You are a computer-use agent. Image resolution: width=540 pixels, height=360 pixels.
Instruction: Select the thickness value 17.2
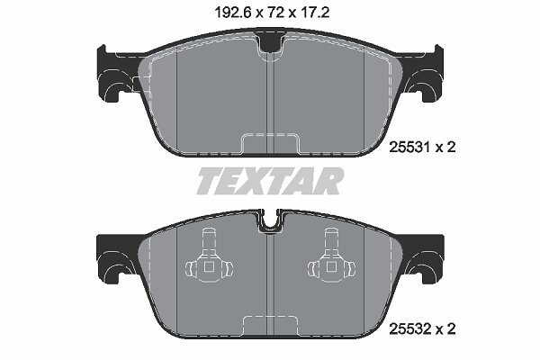pos(314,13)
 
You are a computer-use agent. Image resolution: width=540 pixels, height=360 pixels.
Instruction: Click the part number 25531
pos(409,148)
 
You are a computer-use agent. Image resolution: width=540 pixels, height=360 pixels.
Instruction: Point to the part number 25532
pos(409,328)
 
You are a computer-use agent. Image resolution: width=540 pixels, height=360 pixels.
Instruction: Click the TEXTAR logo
pos(270,181)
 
